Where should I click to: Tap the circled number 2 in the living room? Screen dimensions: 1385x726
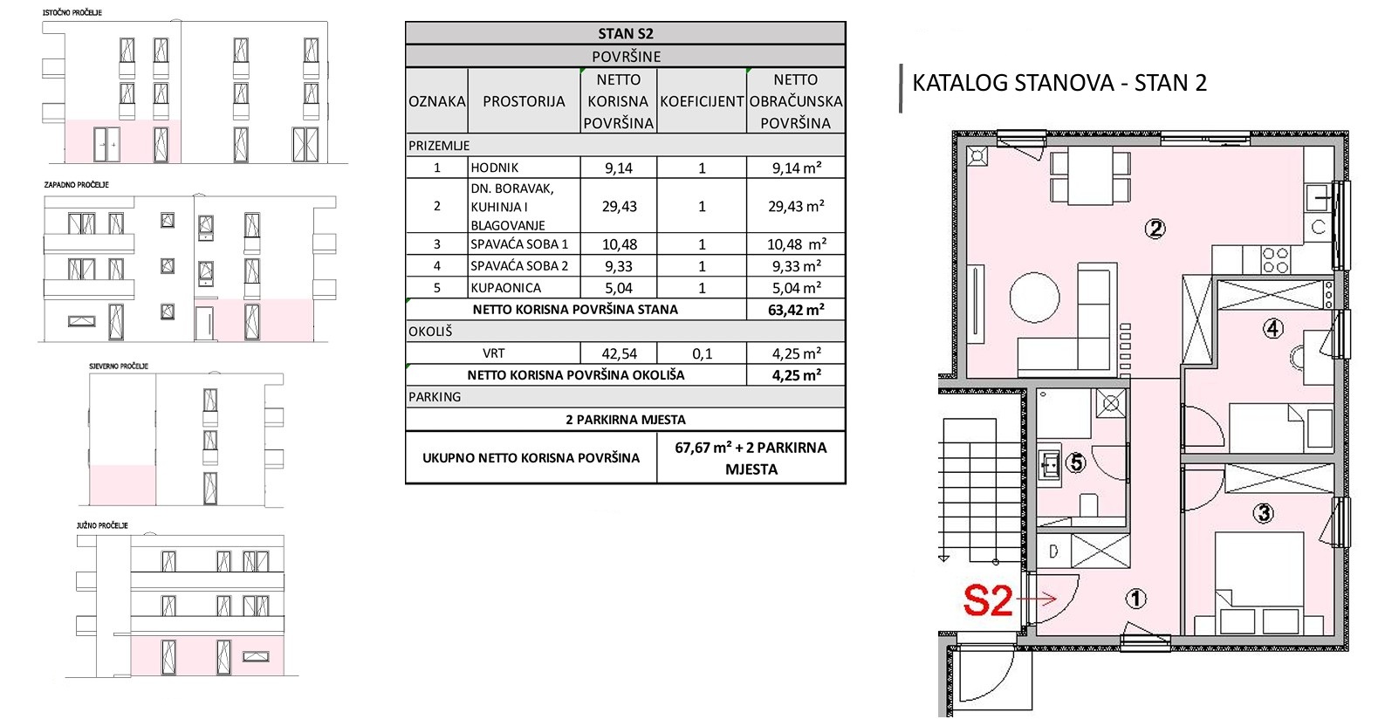point(1155,229)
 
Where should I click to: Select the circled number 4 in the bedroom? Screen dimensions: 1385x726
point(1272,328)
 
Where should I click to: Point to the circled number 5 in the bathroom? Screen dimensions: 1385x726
point(1076,462)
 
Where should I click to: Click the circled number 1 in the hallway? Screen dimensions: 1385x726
point(1135,598)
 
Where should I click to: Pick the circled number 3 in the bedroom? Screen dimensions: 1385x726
point(1263,513)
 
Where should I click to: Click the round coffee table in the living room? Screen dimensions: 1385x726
point(1034,298)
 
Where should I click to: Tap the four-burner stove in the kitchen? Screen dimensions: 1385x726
point(1275,260)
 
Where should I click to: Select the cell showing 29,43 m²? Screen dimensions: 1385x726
point(796,206)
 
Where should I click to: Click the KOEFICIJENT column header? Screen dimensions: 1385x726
point(702,101)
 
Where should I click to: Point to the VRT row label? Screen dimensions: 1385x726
point(493,353)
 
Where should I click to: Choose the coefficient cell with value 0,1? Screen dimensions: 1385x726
point(702,353)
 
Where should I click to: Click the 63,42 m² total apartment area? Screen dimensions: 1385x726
point(796,310)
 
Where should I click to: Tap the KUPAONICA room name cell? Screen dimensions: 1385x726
point(506,288)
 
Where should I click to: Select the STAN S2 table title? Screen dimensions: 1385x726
point(626,34)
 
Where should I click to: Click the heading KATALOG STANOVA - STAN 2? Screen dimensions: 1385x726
point(1059,82)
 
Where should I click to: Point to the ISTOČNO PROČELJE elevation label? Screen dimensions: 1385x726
point(72,12)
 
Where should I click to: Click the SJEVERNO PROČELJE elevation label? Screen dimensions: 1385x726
point(119,366)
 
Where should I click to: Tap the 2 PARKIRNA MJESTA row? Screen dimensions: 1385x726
point(626,420)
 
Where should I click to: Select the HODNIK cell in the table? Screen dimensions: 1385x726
point(495,168)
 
